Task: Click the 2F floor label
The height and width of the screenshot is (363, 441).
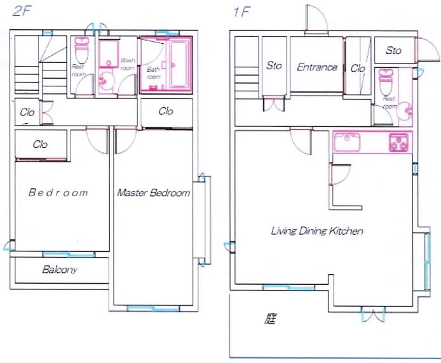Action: (x=22, y=11)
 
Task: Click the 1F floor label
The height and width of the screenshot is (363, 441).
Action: (x=241, y=12)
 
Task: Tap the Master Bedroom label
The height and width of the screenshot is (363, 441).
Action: (x=154, y=193)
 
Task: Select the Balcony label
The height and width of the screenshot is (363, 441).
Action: (x=60, y=270)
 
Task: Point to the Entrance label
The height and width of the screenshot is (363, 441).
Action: (x=317, y=67)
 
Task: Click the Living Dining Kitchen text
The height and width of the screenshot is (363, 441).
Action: (x=317, y=231)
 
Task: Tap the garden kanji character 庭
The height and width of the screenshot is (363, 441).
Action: (x=270, y=319)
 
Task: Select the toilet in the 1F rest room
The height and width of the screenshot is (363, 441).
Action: (x=387, y=82)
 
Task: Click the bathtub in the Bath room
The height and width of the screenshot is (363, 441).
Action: (x=179, y=65)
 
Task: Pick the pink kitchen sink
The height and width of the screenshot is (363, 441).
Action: (x=347, y=142)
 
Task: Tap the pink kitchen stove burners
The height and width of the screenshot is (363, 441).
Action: (x=398, y=143)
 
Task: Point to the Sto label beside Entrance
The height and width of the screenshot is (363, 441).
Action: (x=274, y=65)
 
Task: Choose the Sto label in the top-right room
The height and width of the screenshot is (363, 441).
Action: (x=393, y=51)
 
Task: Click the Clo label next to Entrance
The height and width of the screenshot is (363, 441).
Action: (x=358, y=69)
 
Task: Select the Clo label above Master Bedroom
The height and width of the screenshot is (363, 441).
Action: (x=166, y=111)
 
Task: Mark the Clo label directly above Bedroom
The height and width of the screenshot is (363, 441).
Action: (x=40, y=145)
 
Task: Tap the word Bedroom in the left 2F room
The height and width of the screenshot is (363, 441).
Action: (x=58, y=193)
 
